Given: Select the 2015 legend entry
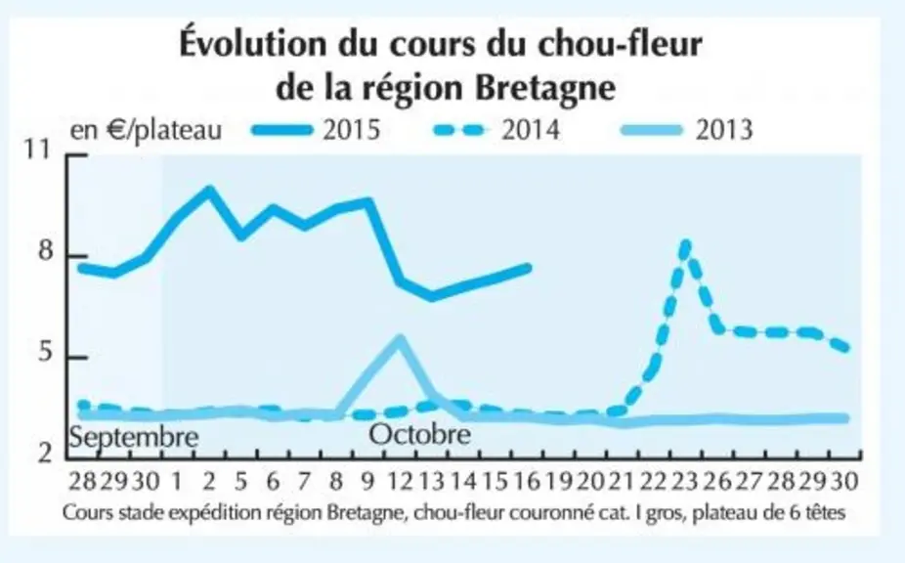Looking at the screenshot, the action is [x=317, y=129].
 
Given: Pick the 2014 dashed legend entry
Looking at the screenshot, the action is [x=496, y=129].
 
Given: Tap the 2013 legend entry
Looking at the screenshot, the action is [x=686, y=129].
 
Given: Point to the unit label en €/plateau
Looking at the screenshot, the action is [x=146, y=130].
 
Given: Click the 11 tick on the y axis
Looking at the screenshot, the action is [x=37, y=150].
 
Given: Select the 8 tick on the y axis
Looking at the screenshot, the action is [x=45, y=251].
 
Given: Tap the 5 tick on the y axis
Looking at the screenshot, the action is [x=45, y=352].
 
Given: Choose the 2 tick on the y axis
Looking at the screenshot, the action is [x=45, y=454].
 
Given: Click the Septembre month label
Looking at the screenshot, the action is [x=134, y=437].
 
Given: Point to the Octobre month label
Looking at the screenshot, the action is [x=419, y=434].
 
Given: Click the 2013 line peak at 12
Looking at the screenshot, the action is [x=400, y=339].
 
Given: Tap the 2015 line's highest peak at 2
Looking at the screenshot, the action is [x=209, y=190].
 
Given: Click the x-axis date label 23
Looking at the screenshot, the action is [x=686, y=481].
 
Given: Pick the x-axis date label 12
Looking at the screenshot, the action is [x=400, y=481].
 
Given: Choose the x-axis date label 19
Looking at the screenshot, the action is [x=559, y=481].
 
